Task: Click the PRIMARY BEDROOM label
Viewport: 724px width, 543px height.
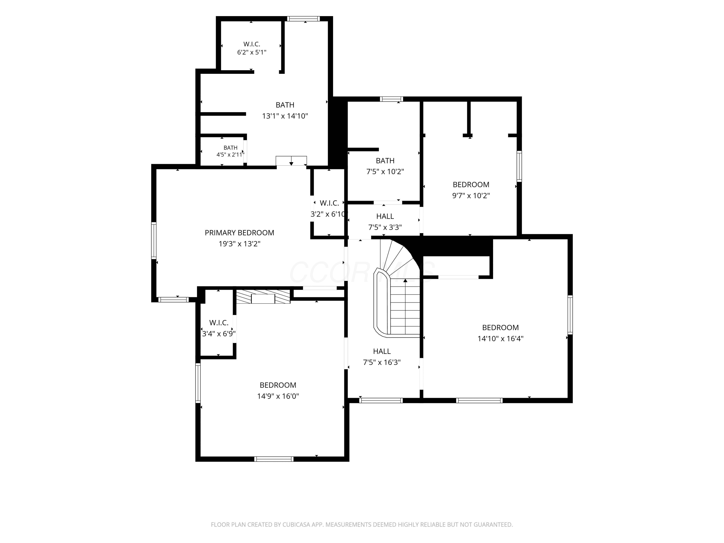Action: coord(239,233)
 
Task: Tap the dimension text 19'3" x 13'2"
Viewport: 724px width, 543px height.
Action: coord(239,244)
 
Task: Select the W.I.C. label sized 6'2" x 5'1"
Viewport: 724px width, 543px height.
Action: coord(252,44)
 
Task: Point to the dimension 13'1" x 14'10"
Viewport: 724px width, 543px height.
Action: coord(285,116)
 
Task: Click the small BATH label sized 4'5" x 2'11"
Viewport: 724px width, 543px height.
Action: coord(230,148)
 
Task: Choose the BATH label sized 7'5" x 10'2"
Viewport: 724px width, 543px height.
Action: coord(385,161)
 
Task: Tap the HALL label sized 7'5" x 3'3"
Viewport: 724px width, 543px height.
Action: coord(385,216)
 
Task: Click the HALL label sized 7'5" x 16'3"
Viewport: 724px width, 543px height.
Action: coord(382,351)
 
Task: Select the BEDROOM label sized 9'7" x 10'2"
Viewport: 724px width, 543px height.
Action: coord(471,185)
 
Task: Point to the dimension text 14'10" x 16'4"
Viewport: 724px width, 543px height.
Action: coord(500,338)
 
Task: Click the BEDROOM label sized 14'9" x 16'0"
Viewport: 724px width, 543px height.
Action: coord(278,385)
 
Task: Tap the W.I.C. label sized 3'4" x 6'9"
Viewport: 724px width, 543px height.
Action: coord(219,323)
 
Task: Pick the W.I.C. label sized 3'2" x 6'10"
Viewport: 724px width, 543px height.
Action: coord(329,203)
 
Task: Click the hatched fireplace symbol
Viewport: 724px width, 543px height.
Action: coord(263,297)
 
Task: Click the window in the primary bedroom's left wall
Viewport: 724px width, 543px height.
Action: coord(153,241)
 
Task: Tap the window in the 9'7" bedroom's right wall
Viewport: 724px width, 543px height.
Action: coord(519,166)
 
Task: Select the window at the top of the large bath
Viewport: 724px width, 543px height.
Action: coord(303,19)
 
